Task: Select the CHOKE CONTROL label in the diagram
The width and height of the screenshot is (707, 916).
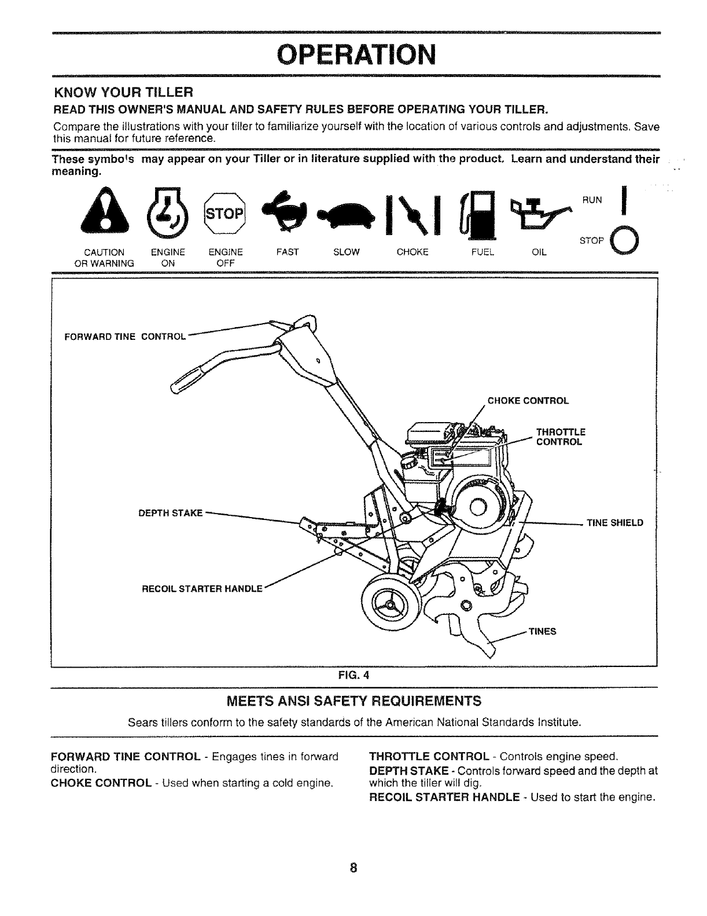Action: click(x=528, y=401)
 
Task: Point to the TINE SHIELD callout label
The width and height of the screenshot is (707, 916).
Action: click(x=614, y=523)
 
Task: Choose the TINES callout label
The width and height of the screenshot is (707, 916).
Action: click(x=542, y=631)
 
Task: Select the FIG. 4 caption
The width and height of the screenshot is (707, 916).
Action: click(x=353, y=675)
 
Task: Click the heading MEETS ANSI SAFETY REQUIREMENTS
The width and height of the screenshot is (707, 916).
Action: click(x=353, y=702)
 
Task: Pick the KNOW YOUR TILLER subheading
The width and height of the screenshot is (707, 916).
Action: click(x=122, y=92)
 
